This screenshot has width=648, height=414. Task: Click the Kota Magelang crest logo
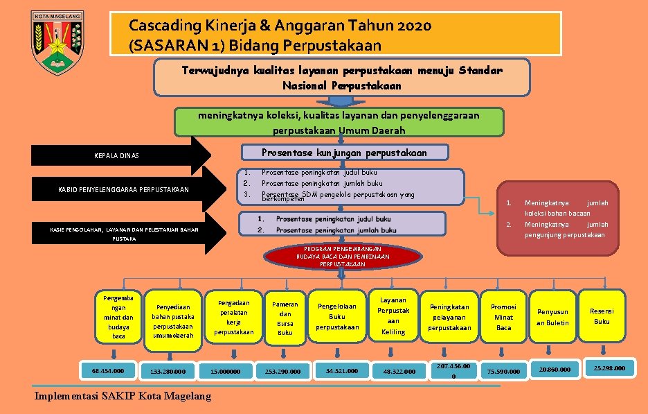tap(57, 42)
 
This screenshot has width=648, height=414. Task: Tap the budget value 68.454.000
tap(107, 370)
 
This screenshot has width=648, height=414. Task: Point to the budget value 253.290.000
tap(282, 372)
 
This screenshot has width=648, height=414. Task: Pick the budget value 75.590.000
tap(504, 372)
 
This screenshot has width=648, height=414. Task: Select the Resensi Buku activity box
tap(602, 316)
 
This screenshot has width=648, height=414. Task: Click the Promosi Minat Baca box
tap(503, 317)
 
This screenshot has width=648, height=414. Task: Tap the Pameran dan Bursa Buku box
tap(285, 318)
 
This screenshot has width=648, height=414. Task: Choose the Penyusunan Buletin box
tap(552, 318)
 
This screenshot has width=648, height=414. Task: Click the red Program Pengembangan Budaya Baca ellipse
tap(343, 256)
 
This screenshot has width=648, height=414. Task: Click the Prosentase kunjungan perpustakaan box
tap(343, 153)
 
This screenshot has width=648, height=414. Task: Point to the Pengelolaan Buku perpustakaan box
tap(338, 316)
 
